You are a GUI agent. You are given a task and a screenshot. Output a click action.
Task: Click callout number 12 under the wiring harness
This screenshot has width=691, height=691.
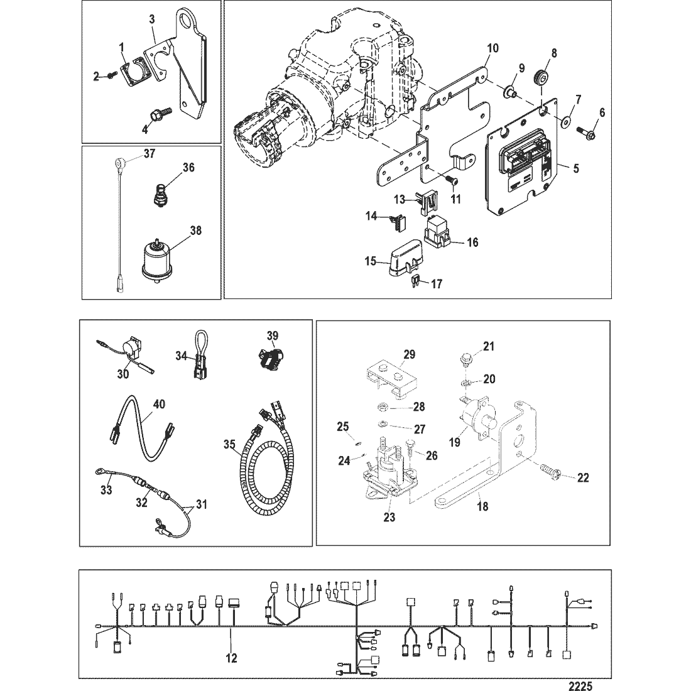coord(231,658)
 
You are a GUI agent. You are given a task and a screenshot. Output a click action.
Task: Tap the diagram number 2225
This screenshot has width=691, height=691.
coord(582,685)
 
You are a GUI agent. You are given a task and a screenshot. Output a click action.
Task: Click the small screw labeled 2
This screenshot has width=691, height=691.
coord(110,76)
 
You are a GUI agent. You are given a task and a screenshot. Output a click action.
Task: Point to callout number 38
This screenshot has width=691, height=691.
coord(195,230)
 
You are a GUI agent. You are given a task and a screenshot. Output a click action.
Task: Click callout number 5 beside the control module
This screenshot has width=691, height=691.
coord(576,168)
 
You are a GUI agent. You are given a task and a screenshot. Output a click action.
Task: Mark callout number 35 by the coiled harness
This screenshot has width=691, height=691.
coord(229,444)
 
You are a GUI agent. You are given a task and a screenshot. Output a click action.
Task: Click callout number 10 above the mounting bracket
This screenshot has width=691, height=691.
coord(492,48)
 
